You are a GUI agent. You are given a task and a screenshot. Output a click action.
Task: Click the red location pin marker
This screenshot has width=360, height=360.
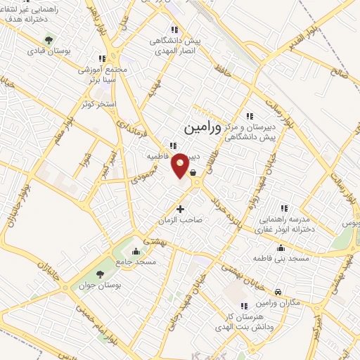coord(181,166)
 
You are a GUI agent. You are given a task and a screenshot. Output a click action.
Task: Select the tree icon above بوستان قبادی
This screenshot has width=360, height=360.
coord(48,39)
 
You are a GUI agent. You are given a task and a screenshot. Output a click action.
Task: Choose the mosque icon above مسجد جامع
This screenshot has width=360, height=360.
coord(136,251)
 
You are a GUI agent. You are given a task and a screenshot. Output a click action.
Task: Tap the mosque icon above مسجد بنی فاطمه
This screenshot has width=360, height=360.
coord(281,247)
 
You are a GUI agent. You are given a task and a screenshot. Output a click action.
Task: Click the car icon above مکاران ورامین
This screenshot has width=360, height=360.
coord(278,292)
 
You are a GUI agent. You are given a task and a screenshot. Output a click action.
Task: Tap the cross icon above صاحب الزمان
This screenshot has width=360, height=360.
coord(181,209)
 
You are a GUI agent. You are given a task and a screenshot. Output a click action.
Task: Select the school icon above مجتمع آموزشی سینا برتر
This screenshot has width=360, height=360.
coord(102,59)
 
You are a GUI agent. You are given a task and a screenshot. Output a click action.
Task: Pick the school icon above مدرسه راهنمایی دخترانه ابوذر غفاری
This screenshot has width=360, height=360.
coord(284,208)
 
